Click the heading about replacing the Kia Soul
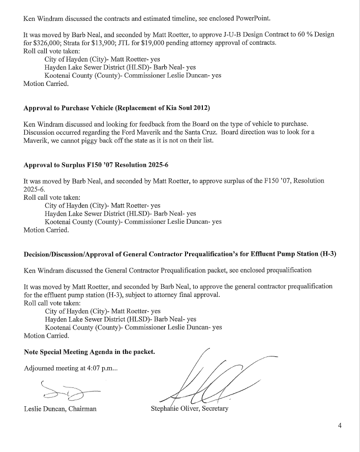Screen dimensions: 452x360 click(x=116, y=108)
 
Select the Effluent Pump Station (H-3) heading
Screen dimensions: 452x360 click(x=180, y=254)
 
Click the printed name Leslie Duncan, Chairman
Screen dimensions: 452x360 click(x=60, y=409)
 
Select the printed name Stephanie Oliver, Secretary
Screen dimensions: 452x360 click(x=190, y=409)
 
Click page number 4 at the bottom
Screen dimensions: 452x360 click(x=340, y=426)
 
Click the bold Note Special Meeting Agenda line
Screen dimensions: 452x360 click(x=89, y=351)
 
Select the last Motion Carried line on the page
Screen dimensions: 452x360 click(x=46, y=336)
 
